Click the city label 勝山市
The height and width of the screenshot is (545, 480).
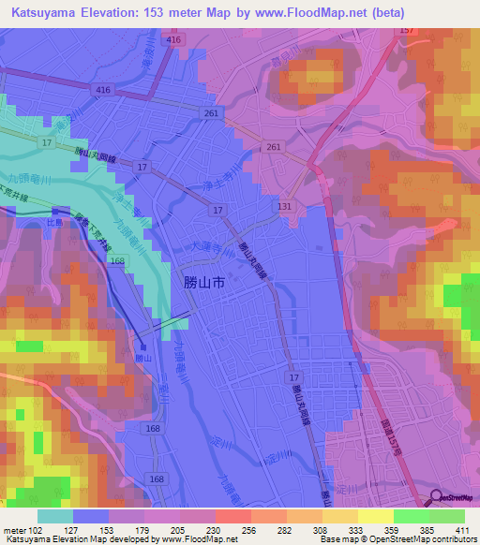(x=199, y=281)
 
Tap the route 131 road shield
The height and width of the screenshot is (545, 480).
(x=284, y=205)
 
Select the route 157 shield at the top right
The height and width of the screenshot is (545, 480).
(x=406, y=32)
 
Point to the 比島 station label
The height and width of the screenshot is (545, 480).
(x=55, y=223)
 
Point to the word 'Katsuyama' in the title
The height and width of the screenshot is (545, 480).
(x=44, y=14)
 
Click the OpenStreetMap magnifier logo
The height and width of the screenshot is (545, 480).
(x=437, y=499)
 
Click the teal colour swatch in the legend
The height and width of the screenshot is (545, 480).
(x=54, y=516)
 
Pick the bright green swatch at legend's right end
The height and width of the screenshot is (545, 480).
(x=446, y=516)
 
